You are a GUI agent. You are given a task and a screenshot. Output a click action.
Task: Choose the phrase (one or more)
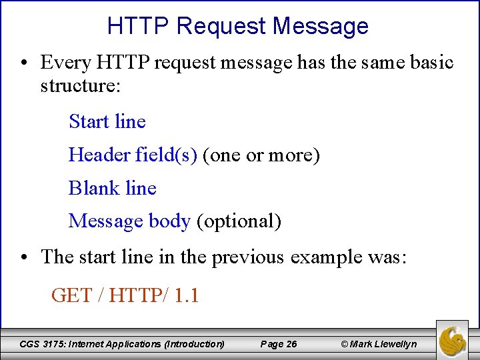(x=261, y=155)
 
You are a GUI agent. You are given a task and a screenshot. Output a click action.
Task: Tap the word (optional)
(x=239, y=221)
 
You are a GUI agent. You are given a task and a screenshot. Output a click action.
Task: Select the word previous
(x=249, y=257)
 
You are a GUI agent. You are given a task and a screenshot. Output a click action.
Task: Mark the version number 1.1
(x=186, y=295)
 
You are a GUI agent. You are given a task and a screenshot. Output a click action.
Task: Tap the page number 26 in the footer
(x=291, y=344)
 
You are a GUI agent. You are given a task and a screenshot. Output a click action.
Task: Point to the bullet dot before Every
(x=24, y=63)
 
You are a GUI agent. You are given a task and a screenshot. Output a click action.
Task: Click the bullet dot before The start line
(x=24, y=257)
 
